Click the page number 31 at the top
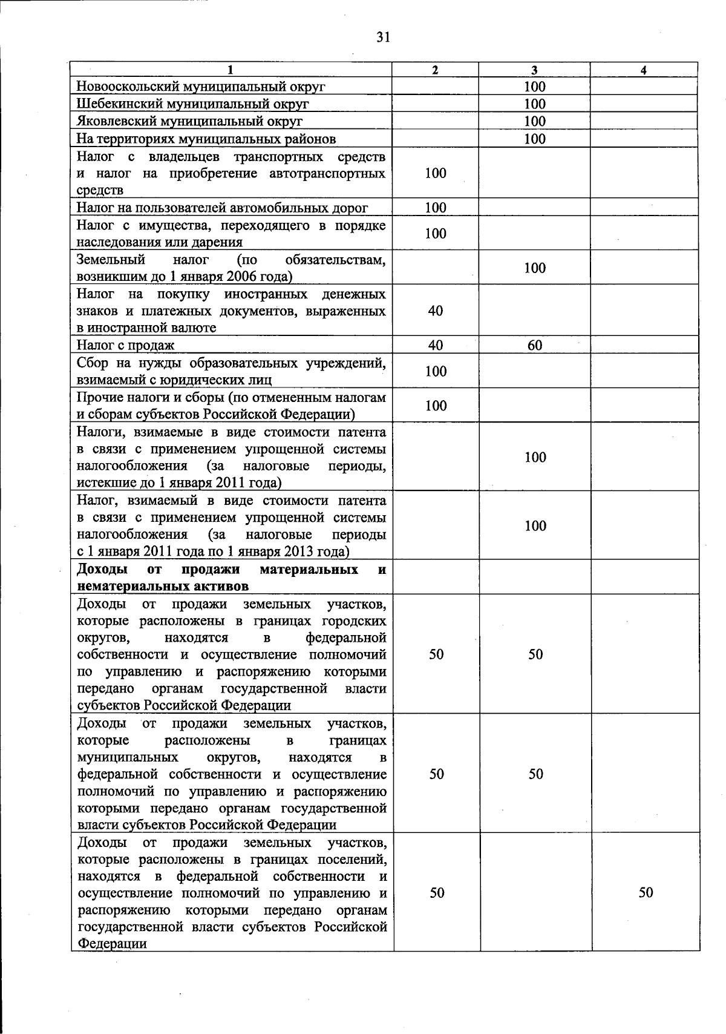pos(382,38)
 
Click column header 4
pos(644,70)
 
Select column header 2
pos(435,70)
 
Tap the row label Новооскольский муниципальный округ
pos(201,87)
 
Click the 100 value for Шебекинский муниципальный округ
pos(535,104)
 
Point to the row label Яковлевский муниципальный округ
pos(189,122)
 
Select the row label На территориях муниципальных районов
pos(206,139)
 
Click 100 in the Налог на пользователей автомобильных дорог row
pos(435,208)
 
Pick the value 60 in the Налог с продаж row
pos(535,346)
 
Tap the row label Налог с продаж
pos(126,346)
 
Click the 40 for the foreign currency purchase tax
pos(435,311)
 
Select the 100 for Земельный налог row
pos(535,268)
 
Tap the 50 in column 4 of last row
pos(646,893)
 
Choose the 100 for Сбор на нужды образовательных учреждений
pos(435,371)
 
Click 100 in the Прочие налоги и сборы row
pos(435,406)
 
